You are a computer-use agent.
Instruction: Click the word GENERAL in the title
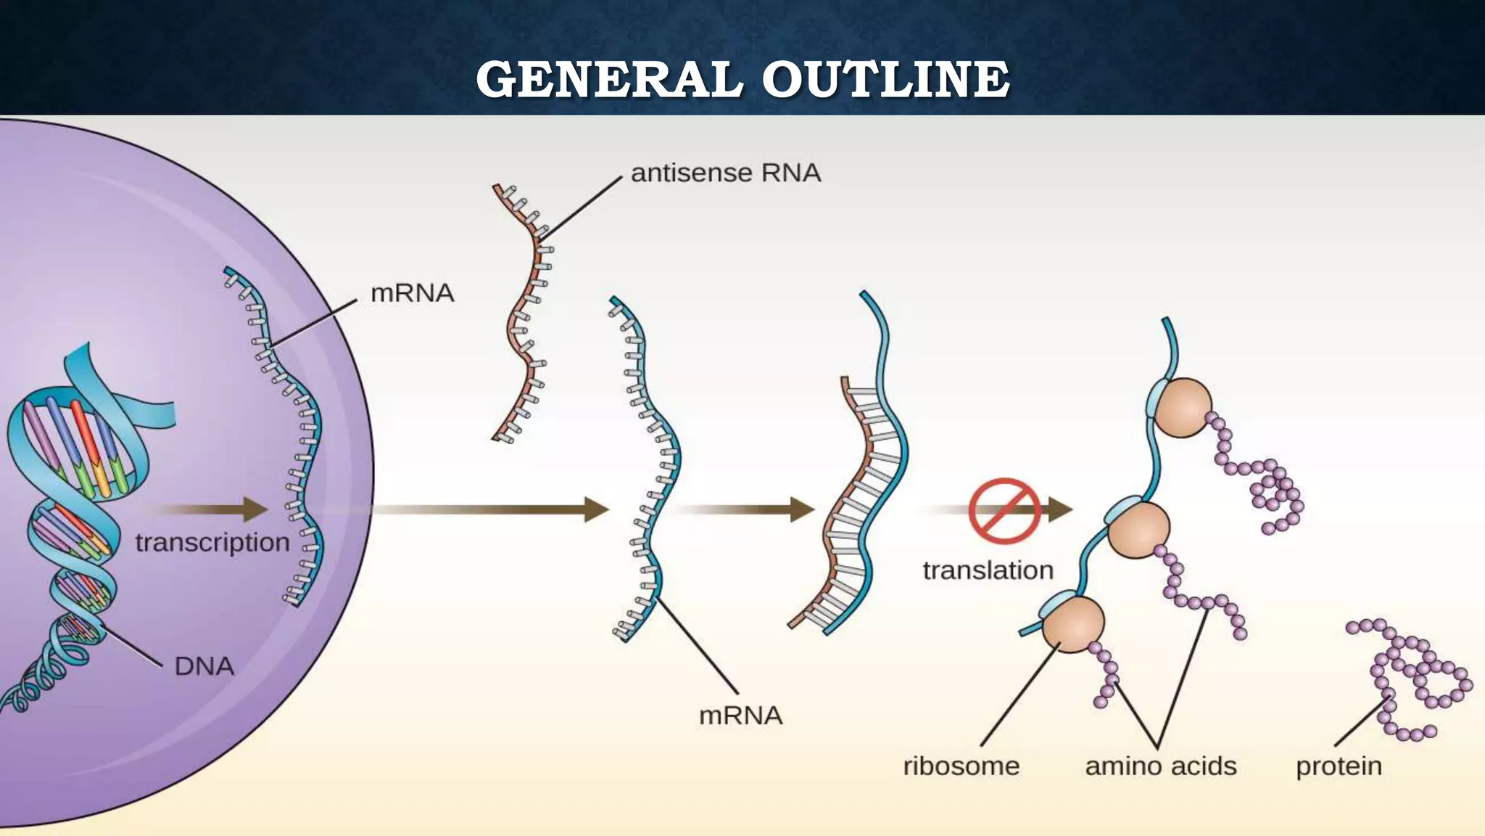(x=609, y=79)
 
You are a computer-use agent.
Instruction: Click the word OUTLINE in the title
(x=885, y=79)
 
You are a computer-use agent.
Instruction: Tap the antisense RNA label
(x=725, y=173)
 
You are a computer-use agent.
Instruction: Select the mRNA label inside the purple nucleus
(x=412, y=293)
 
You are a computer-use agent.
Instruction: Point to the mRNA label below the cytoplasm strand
(x=740, y=716)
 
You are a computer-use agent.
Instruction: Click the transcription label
(x=212, y=542)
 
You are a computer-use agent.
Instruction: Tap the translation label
(x=988, y=570)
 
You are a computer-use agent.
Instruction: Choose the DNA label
(x=204, y=666)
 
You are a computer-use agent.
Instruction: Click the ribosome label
(x=961, y=766)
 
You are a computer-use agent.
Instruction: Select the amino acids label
(x=1160, y=766)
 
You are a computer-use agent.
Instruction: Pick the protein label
(x=1339, y=766)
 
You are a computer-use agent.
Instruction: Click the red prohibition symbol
(x=1004, y=511)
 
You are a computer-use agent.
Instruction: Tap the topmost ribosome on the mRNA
(x=1182, y=408)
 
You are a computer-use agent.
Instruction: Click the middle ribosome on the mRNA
(x=1138, y=530)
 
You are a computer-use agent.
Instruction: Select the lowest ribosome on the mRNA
(x=1073, y=624)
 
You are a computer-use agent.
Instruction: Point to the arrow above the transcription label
(x=210, y=509)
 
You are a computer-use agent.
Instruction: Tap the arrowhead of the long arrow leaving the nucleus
(x=596, y=509)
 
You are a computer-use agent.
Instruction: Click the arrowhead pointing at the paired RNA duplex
(x=802, y=509)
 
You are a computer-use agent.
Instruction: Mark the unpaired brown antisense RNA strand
(x=525, y=312)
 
